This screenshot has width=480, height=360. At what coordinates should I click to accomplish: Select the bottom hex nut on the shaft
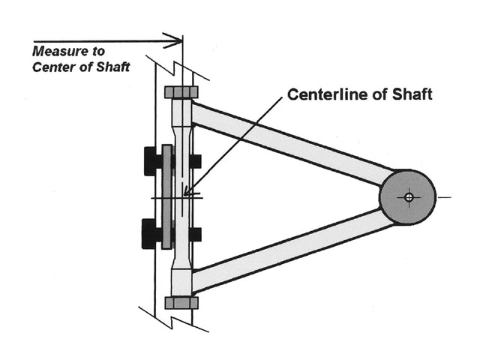pyautogui.click(x=181, y=302)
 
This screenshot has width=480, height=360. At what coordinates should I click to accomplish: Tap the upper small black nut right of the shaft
pyautogui.click(x=196, y=160)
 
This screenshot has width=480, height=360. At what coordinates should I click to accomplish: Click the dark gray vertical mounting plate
pyautogui.click(x=167, y=197)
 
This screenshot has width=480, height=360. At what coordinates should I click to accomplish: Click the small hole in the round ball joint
pyautogui.click(x=408, y=197)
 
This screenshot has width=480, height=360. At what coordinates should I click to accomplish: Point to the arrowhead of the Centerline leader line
pyautogui.click(x=188, y=194)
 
